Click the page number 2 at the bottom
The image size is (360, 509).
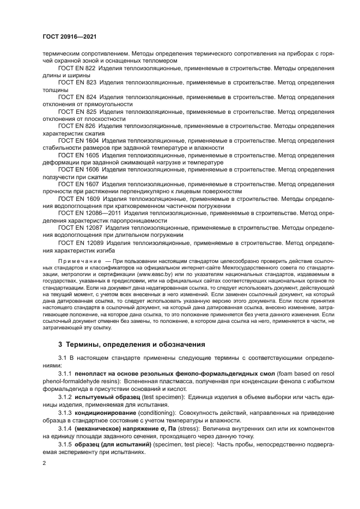(x=45, y=463)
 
